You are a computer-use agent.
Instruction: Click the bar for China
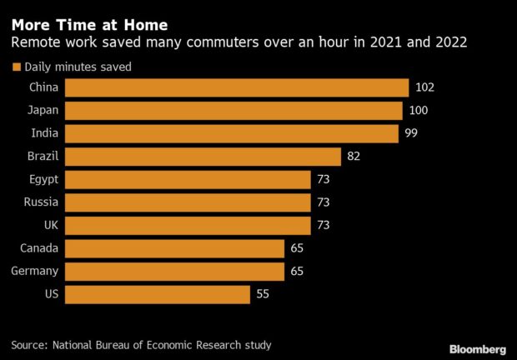tap(237, 87)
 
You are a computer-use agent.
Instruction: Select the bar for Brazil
tap(203, 157)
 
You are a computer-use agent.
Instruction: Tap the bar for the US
tap(157, 294)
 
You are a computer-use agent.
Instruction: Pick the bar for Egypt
tap(188, 179)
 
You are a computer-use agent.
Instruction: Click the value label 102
tap(425, 87)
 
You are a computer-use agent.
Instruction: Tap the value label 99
tap(411, 133)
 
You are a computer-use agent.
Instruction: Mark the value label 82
tap(354, 157)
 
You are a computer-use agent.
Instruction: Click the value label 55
tap(263, 294)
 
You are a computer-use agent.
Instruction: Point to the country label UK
tap(49, 225)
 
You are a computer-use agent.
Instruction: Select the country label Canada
tap(38, 248)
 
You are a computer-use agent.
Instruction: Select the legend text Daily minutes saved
tap(78, 67)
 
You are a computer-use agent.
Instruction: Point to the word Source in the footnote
tap(31, 344)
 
